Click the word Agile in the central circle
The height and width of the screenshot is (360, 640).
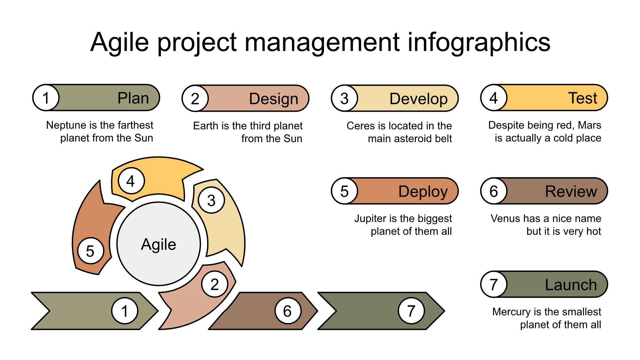(159, 245)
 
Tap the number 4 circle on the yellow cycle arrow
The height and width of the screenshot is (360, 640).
(131, 181)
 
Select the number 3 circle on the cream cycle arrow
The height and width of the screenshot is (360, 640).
(211, 200)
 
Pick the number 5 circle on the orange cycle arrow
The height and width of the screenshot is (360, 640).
(90, 251)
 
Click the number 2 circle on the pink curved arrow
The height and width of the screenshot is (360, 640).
(215, 284)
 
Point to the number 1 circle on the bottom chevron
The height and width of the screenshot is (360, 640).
(125, 311)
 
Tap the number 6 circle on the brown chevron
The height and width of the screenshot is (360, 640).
(288, 311)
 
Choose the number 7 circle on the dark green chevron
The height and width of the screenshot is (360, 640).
(411, 311)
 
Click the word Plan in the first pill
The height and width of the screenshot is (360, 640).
(133, 98)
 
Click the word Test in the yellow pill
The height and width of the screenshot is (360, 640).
(583, 98)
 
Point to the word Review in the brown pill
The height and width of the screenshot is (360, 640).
(571, 191)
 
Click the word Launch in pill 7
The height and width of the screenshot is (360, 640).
(571, 285)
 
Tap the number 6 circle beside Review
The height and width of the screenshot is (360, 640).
(494, 191)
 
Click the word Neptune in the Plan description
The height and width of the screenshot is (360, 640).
(65, 125)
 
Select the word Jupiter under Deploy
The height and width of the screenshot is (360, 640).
(371, 219)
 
